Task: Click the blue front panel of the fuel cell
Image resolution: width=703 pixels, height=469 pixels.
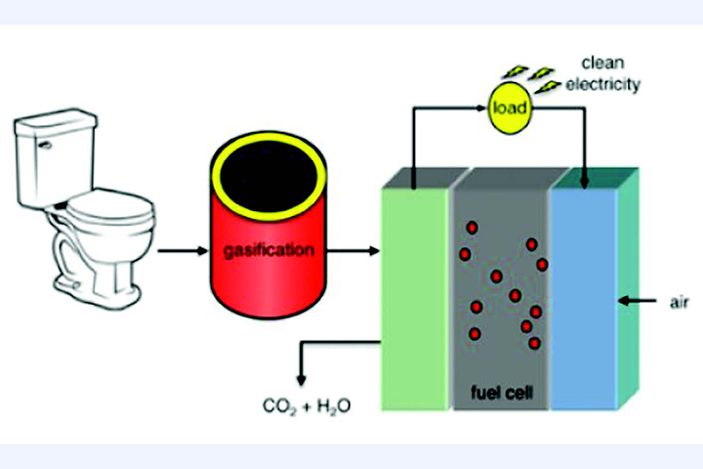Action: (x=584, y=293)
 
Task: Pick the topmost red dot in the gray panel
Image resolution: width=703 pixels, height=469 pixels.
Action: (x=472, y=228)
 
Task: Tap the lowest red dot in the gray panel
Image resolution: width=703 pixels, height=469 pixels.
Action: (x=535, y=342)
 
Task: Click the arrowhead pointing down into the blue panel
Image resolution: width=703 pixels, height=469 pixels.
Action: (x=584, y=181)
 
